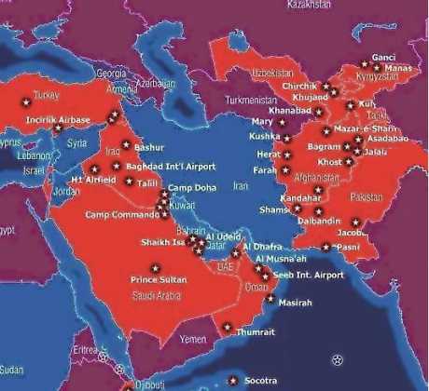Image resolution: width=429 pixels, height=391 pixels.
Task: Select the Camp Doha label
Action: click(x=193, y=188)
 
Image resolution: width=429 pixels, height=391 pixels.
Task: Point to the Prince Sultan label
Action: click(x=159, y=279)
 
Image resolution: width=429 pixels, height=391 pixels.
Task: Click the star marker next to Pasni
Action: click(x=325, y=247)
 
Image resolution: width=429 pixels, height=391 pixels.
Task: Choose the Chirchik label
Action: click(x=300, y=87)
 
